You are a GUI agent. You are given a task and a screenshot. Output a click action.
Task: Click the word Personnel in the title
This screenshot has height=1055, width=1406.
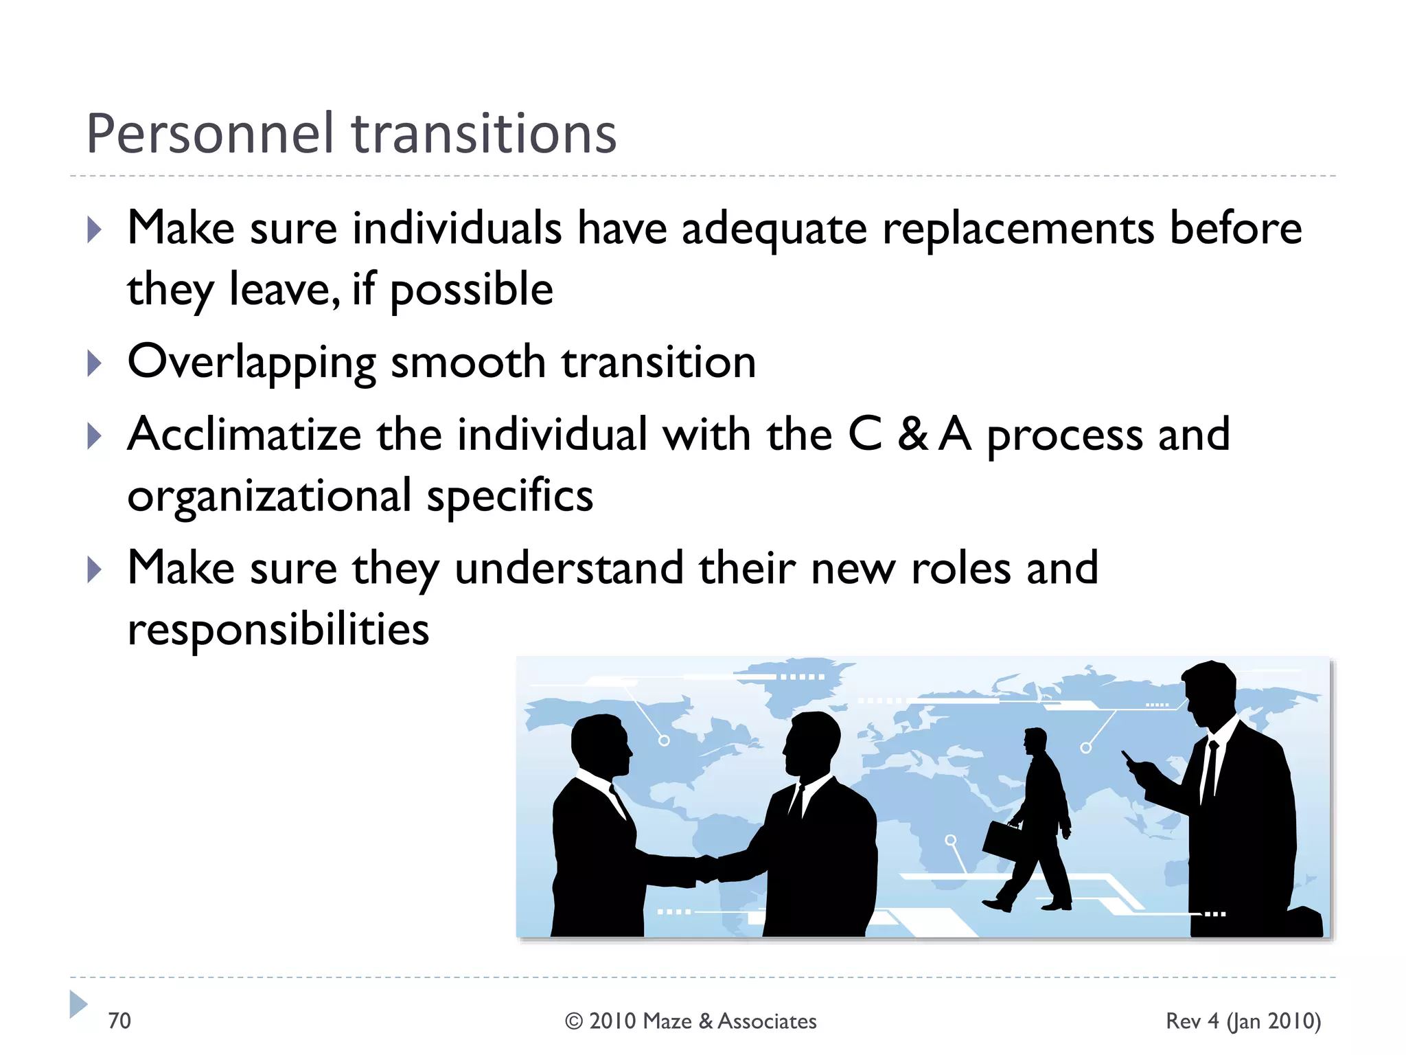tap(209, 133)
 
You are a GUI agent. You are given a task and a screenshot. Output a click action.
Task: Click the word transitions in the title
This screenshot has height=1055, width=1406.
tap(484, 133)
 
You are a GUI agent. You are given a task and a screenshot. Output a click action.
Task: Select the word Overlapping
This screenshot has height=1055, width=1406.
tap(251, 363)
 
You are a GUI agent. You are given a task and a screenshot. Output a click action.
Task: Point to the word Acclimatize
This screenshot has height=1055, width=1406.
tap(244, 434)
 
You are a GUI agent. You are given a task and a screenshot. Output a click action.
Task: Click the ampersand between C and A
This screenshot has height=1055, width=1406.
tap(913, 434)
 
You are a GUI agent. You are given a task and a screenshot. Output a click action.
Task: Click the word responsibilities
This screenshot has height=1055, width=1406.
tap(278, 629)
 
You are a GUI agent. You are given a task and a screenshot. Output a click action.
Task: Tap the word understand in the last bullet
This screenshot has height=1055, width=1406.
tap(569, 569)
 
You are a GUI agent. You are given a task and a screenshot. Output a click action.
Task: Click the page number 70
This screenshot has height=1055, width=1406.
tap(119, 1021)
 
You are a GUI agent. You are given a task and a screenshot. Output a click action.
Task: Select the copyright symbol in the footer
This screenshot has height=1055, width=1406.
tap(574, 1021)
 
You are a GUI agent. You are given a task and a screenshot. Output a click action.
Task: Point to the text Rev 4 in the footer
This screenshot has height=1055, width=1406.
tap(1192, 1021)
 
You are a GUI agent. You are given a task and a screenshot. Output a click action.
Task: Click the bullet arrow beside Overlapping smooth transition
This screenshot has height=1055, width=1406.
tap(95, 363)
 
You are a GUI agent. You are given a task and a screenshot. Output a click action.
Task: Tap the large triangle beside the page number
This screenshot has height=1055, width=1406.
tap(78, 1004)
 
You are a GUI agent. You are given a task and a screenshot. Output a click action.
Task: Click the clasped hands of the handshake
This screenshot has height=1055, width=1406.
tap(706, 868)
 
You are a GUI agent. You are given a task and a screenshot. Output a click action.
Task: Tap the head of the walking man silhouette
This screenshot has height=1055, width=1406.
tap(1035, 742)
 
